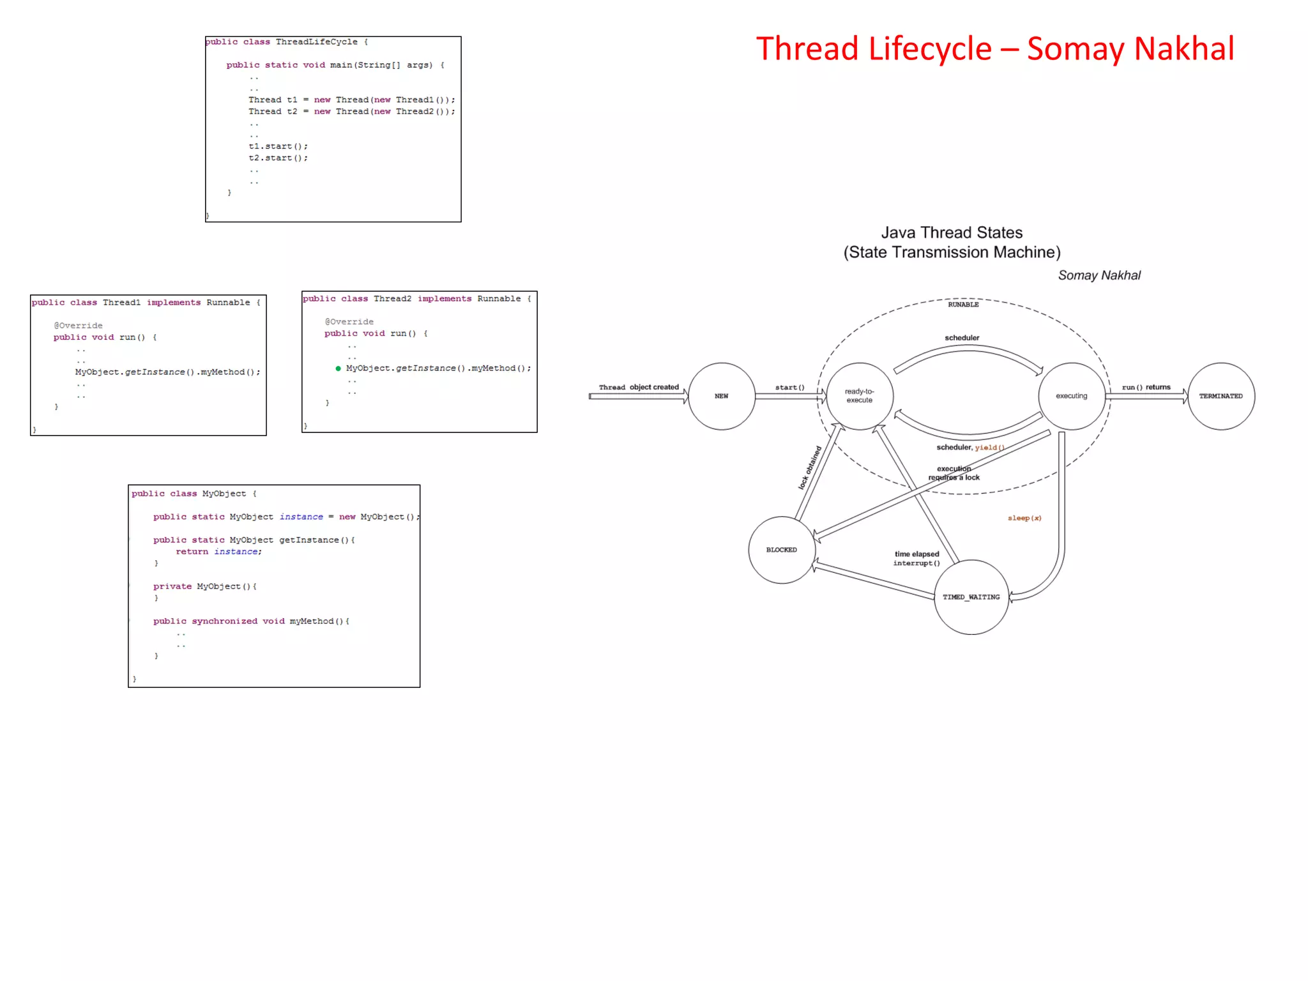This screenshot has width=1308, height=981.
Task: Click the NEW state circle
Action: click(x=722, y=396)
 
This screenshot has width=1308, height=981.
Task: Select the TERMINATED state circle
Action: click(x=1221, y=396)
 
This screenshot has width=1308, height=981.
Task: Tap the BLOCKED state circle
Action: click(x=781, y=550)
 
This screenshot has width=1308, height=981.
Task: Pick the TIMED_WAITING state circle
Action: click(x=971, y=597)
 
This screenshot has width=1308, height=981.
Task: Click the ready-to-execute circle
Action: click(x=859, y=396)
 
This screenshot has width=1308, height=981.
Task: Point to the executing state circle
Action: click(x=1071, y=396)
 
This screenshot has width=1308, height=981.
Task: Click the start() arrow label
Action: click(x=789, y=387)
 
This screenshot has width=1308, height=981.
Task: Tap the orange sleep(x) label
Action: click(x=1024, y=518)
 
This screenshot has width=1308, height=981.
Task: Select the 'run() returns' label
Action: click(x=1146, y=387)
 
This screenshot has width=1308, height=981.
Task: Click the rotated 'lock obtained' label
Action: click(x=809, y=468)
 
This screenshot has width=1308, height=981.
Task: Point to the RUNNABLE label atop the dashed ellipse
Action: click(x=963, y=305)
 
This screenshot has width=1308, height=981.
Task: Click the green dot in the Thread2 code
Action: click(x=338, y=369)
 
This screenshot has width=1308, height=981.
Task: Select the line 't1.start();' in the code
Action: click(x=278, y=146)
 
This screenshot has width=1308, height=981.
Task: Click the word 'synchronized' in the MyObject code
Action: click(x=224, y=621)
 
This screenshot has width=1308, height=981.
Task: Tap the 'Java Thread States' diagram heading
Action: click(x=952, y=232)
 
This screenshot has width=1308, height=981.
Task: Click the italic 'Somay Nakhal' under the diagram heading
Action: click(x=1099, y=275)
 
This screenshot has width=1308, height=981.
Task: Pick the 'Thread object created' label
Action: click(x=638, y=387)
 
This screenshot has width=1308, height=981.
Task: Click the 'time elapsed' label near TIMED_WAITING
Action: click(x=916, y=554)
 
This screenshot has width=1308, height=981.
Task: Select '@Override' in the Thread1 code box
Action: click(x=78, y=326)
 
